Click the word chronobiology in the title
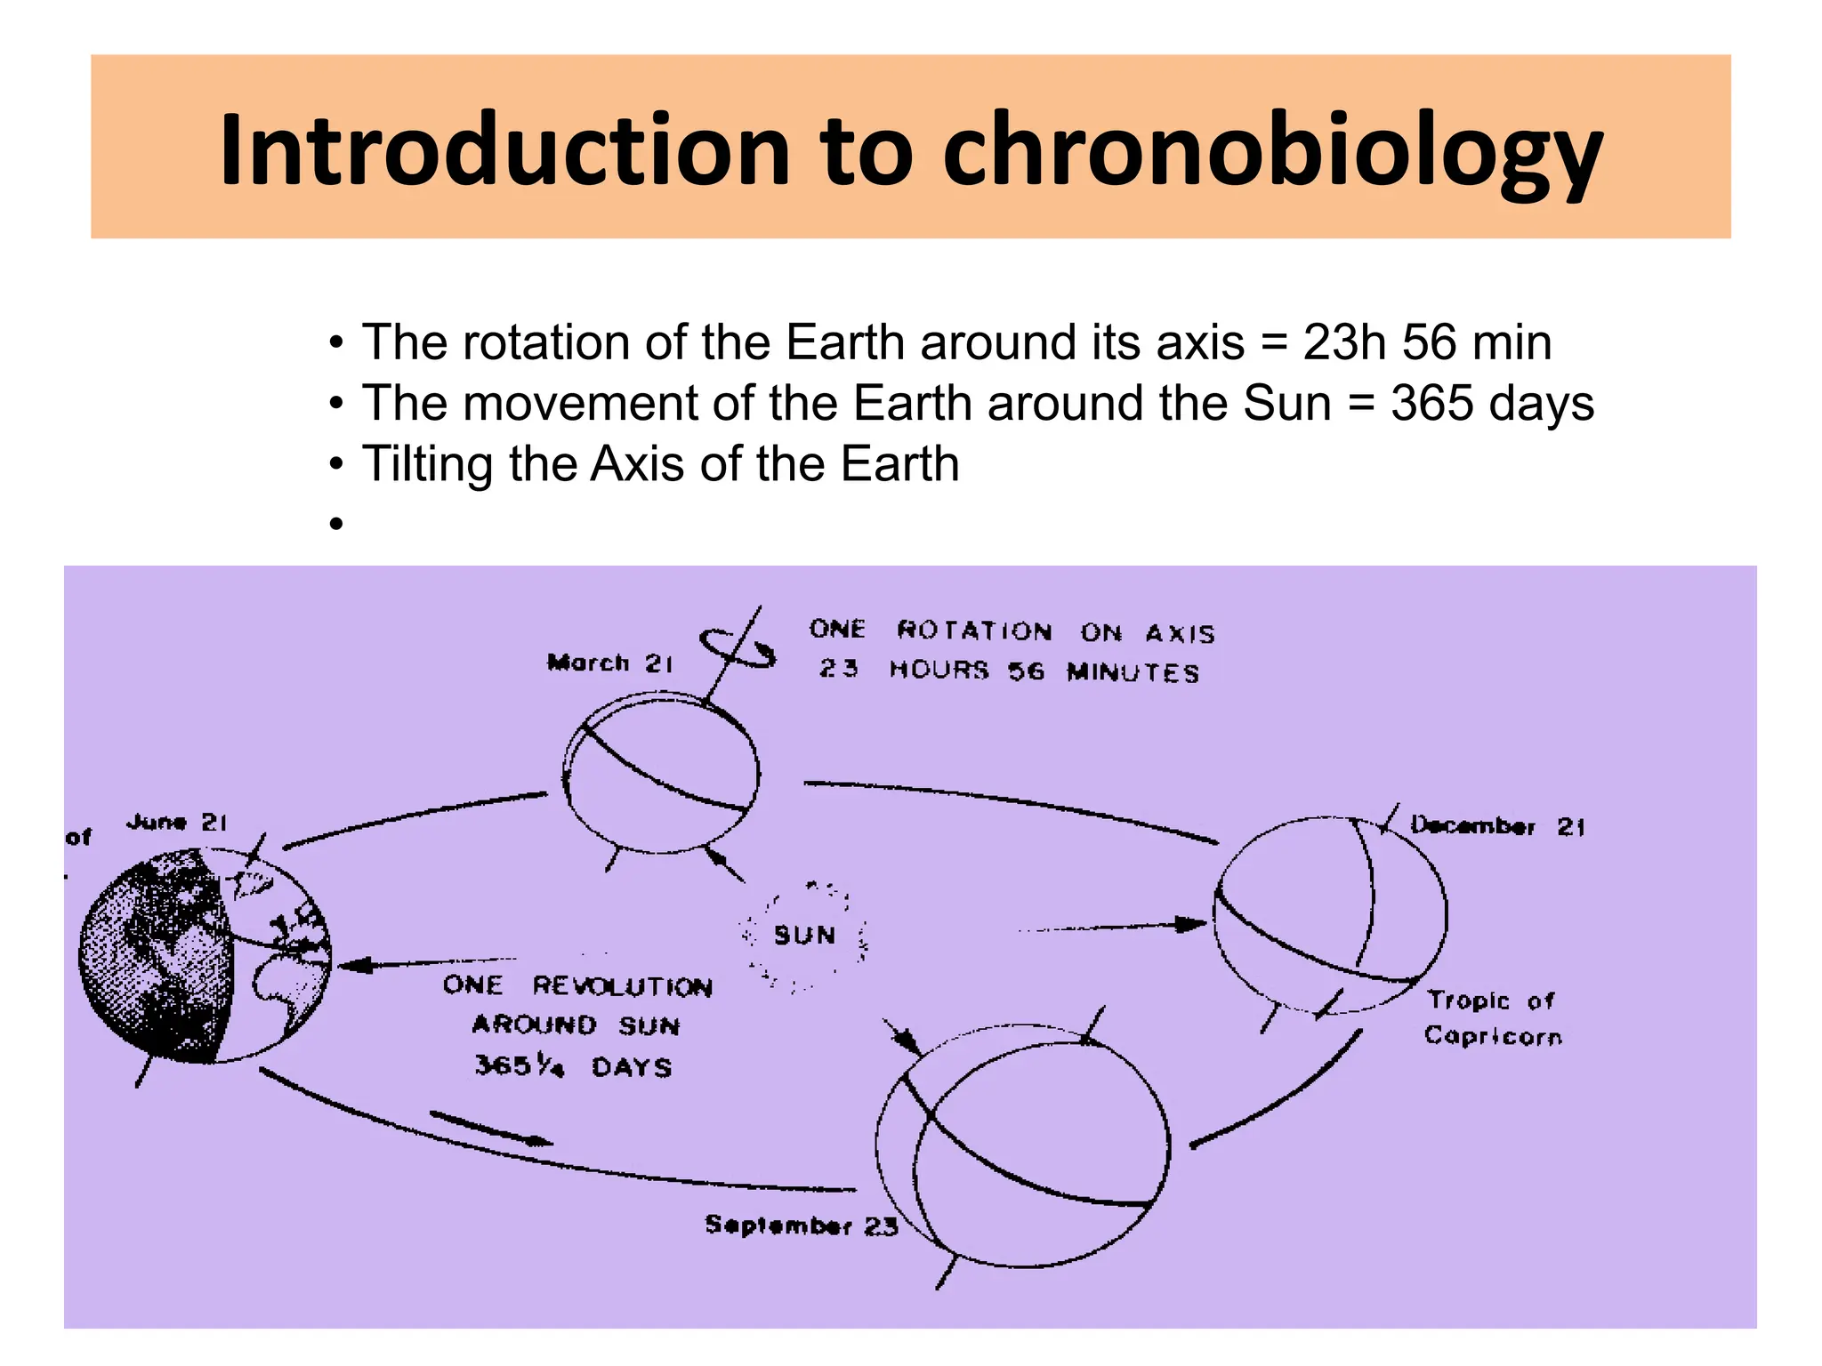point(1272,151)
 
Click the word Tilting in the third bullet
point(427,464)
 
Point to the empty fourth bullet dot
point(335,524)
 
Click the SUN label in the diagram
point(804,936)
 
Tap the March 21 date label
point(610,663)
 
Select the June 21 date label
point(177,823)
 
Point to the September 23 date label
point(801,1225)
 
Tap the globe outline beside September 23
point(1023,1147)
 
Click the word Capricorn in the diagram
point(1493,1037)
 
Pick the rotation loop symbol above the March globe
point(737,647)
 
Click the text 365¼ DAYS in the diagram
point(573,1066)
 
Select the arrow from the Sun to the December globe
point(1112,927)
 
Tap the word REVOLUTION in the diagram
point(622,986)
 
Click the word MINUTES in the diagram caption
point(1133,672)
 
